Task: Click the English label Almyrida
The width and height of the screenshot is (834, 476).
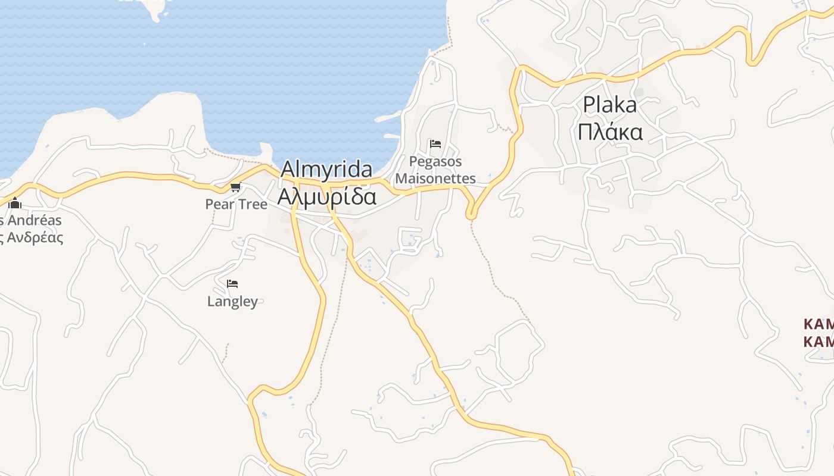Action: (326, 169)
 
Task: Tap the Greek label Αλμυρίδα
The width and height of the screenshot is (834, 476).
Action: (327, 196)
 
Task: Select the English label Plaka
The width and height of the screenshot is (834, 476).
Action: (609, 105)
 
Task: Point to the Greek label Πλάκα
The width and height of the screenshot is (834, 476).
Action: (610, 131)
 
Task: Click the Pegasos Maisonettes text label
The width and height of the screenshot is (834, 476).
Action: (435, 170)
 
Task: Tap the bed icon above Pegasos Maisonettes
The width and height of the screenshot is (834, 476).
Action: (435, 144)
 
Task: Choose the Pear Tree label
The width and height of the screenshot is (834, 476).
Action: (236, 204)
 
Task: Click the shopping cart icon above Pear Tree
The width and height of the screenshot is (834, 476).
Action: (235, 187)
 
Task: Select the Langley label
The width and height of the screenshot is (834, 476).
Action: (232, 301)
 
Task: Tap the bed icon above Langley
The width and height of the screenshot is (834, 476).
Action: (232, 284)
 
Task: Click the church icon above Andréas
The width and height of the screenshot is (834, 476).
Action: (15, 203)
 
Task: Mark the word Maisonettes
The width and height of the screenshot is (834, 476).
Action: (435, 178)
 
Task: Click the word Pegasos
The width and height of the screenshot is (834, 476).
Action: (435, 161)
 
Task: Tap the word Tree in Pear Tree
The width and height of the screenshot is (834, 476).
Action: (253, 204)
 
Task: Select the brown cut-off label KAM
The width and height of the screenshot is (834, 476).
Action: (819, 325)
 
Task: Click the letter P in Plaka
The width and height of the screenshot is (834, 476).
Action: (589, 105)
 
